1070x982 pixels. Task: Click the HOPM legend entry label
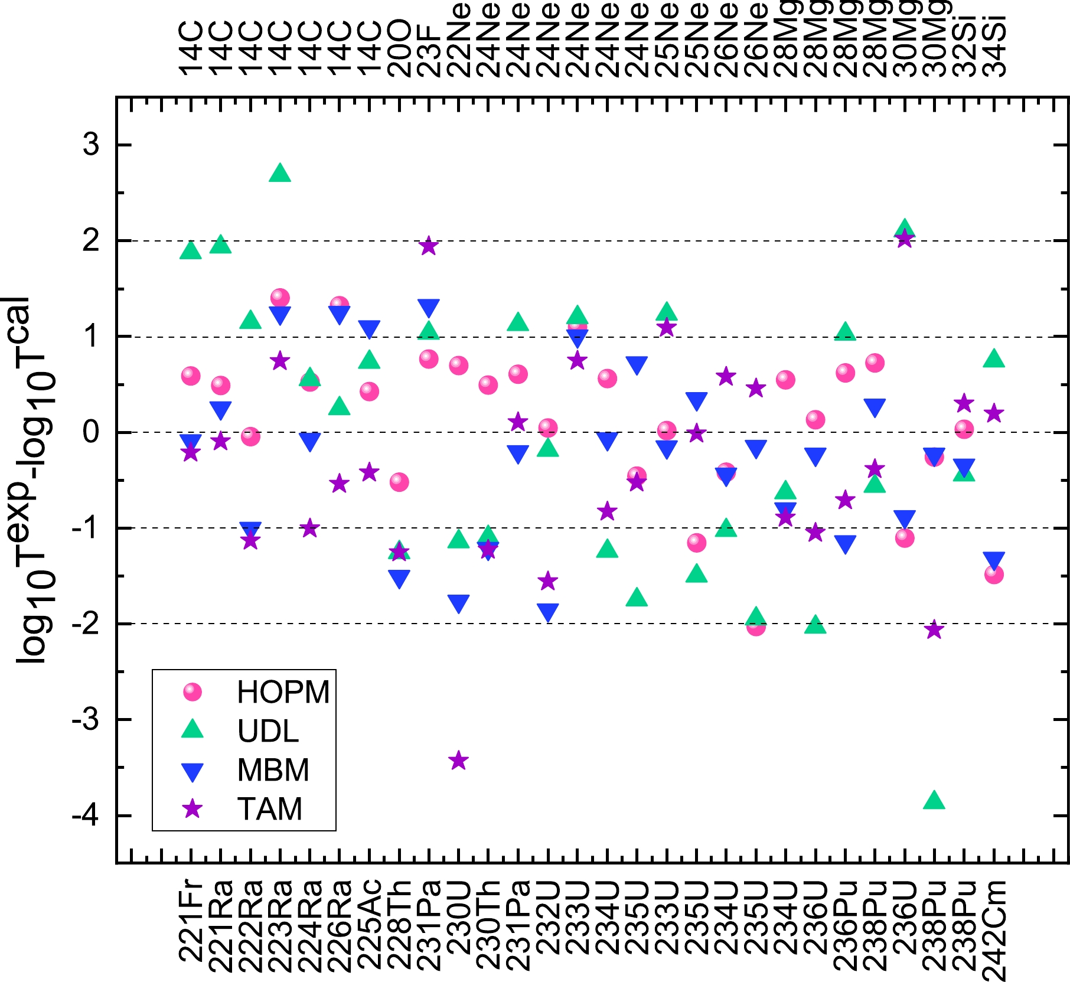click(x=283, y=692)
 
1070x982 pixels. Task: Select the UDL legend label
click(x=268, y=731)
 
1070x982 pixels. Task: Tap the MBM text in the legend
click(x=273, y=770)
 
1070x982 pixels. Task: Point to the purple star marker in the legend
click(x=193, y=808)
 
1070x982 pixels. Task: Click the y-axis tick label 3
click(x=92, y=145)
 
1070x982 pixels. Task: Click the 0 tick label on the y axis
click(x=92, y=432)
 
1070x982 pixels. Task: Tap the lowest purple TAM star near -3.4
click(x=459, y=761)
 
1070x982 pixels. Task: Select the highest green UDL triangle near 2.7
click(x=280, y=174)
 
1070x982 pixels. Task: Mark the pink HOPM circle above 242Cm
click(x=994, y=575)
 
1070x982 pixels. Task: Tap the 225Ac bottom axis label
click(x=369, y=925)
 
